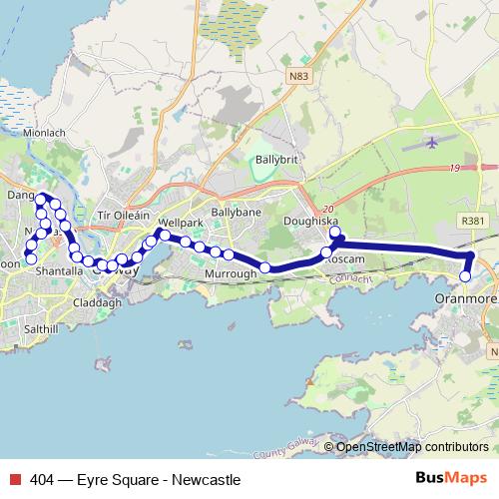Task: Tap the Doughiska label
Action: click(311, 221)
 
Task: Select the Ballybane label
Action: click(237, 213)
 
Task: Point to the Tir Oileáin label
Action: click(122, 216)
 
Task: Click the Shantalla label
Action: click(57, 270)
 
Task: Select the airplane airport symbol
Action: click(431, 142)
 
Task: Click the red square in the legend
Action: click(13, 480)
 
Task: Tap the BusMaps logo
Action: click(448, 479)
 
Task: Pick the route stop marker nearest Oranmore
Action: click(465, 276)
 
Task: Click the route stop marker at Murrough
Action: click(265, 267)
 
